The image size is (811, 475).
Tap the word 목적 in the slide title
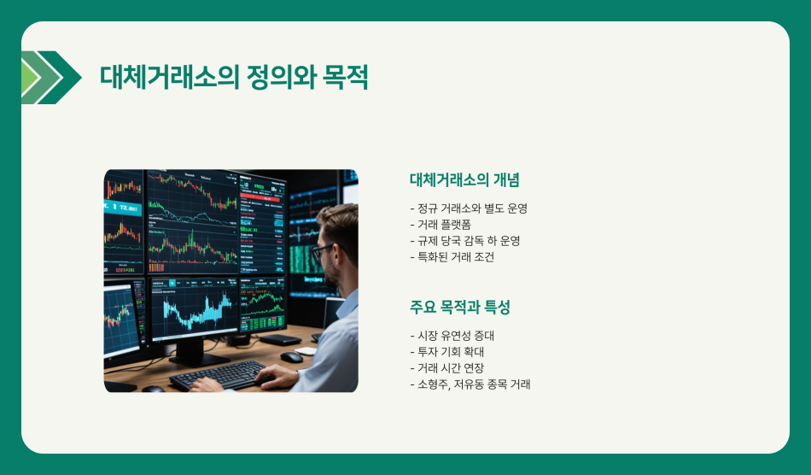tap(346, 78)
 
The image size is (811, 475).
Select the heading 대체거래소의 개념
tap(464, 180)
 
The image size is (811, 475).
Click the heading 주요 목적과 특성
tap(459, 308)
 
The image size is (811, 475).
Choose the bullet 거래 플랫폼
tap(438, 224)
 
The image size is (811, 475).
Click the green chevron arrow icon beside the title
tap(50, 78)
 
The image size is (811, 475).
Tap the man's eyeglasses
tap(322, 251)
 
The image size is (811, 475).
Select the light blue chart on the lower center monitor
tap(195, 311)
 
